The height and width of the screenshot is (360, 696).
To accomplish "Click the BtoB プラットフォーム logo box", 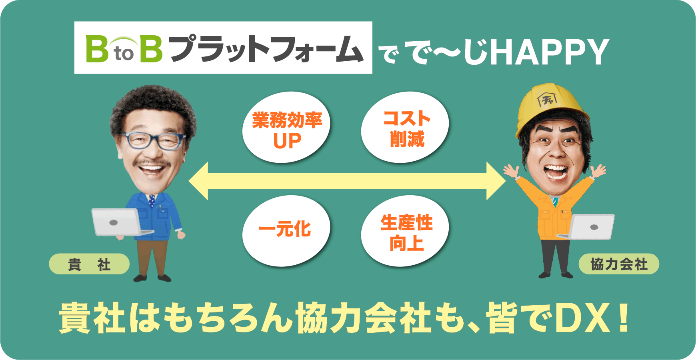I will (x=223, y=48).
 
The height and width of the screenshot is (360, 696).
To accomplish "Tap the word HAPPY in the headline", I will (x=550, y=52).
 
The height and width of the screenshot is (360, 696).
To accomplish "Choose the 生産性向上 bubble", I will (x=405, y=231).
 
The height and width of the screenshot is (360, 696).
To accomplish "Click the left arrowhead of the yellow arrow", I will (x=200, y=181).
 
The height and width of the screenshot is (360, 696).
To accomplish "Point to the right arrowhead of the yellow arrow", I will (x=495, y=181).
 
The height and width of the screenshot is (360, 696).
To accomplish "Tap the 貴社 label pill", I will (x=89, y=264).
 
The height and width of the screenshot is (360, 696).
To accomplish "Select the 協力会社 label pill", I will (x=618, y=264).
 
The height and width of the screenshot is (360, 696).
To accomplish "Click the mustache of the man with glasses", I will (x=152, y=163).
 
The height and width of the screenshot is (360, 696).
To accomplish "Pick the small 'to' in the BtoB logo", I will (x=124, y=54).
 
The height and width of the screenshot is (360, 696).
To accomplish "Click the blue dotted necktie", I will (x=152, y=201).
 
